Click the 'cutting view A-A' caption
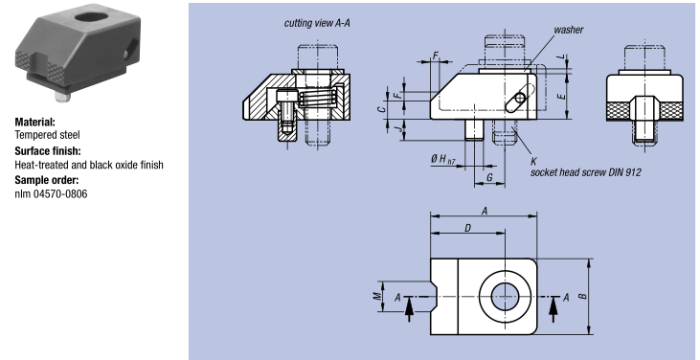coord(317,23)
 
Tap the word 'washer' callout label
coord(568,30)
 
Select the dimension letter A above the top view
coord(485,211)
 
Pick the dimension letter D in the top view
coord(468,228)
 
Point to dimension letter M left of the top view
coord(377,296)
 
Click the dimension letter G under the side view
coord(489,177)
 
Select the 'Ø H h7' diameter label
coord(442,159)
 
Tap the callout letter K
coord(533,161)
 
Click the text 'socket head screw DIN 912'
coord(585,172)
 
